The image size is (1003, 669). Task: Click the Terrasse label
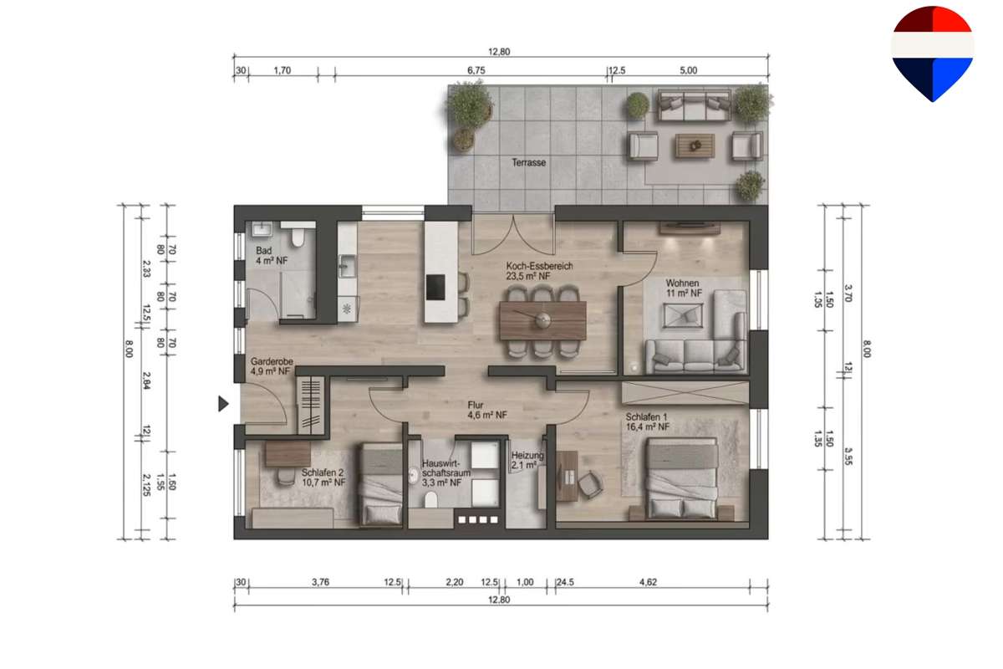click(x=529, y=162)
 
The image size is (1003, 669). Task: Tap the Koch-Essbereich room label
click(x=540, y=271)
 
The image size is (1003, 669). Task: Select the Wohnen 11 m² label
click(x=684, y=288)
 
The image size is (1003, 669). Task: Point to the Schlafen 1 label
click(x=648, y=421)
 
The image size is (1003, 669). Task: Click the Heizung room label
click(x=527, y=460)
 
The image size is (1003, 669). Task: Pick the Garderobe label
click(x=272, y=366)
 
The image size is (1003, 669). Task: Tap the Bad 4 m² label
click(x=272, y=255)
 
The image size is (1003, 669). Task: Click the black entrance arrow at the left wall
click(x=223, y=404)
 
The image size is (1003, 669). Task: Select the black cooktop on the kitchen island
click(x=435, y=287)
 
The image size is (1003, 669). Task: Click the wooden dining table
click(x=542, y=320)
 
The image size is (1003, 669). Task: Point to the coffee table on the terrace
click(x=695, y=146)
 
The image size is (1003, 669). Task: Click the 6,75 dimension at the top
click(x=476, y=70)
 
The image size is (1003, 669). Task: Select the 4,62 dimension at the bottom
click(x=648, y=582)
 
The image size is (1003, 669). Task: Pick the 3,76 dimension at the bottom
click(x=320, y=582)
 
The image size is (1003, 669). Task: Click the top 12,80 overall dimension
click(x=499, y=52)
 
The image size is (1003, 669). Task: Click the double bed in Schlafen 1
click(x=682, y=478)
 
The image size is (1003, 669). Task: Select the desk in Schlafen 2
click(x=288, y=454)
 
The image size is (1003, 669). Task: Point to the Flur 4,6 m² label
click(x=487, y=410)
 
